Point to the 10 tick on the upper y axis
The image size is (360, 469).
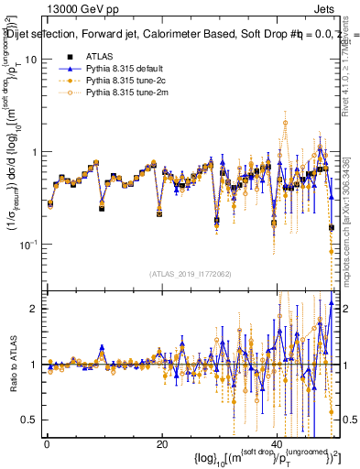(x=30, y=59)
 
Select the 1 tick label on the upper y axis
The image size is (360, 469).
(x=33, y=151)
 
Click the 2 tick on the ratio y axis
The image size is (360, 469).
(x=33, y=309)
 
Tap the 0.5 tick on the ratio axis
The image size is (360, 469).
(x=29, y=420)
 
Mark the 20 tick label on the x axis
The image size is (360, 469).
(x=162, y=444)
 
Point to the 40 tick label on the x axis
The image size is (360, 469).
(x=278, y=444)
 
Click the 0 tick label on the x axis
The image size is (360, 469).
(x=47, y=444)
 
